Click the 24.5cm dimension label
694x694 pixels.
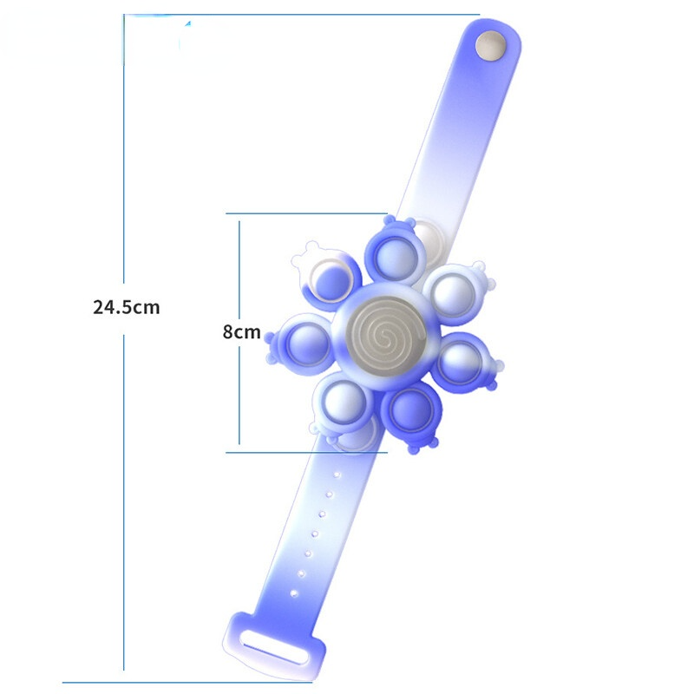click(x=126, y=307)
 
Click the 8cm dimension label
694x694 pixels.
click(x=241, y=331)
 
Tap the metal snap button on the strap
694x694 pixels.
click(x=491, y=45)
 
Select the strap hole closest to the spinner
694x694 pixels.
click(x=337, y=475)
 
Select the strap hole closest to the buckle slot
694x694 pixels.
click(x=293, y=593)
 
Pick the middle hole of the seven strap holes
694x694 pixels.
click(x=315, y=534)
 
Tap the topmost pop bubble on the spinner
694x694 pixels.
click(x=396, y=259)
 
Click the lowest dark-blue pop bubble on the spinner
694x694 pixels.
click(x=410, y=410)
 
